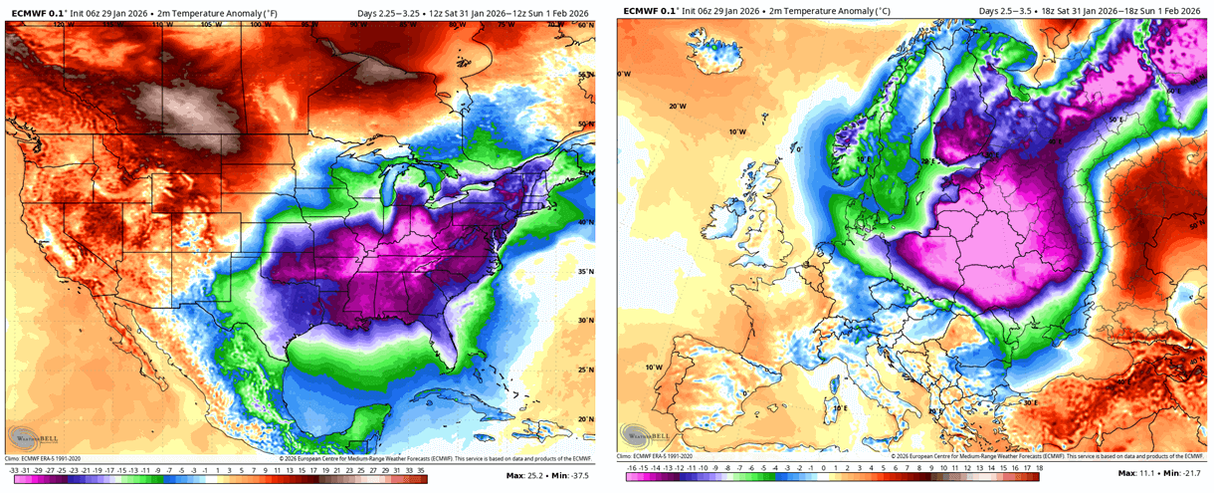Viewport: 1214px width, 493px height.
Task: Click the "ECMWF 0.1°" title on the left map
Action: (x=38, y=11)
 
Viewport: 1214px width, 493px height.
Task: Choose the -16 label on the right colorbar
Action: (x=632, y=466)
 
